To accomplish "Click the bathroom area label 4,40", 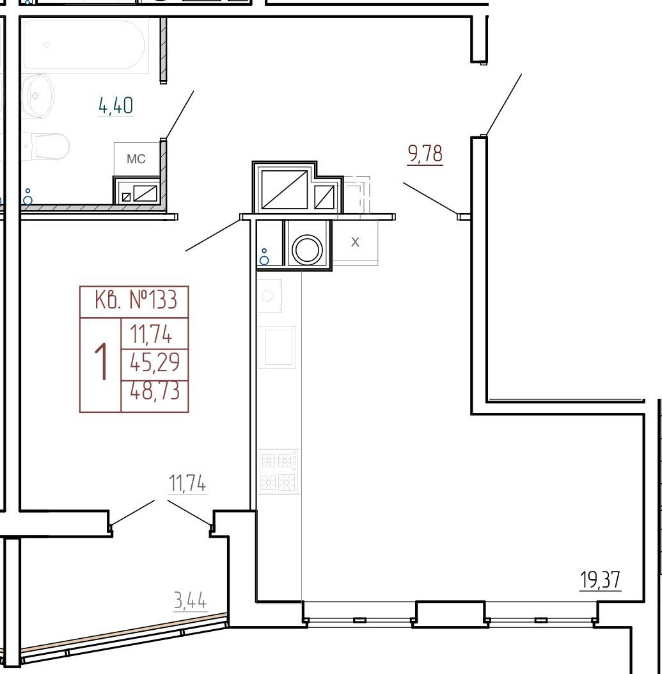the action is pyautogui.click(x=116, y=106).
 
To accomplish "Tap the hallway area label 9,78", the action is pyautogui.click(x=425, y=154).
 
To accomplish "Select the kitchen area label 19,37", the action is pyautogui.click(x=600, y=580).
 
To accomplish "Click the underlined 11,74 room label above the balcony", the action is pyautogui.click(x=187, y=483).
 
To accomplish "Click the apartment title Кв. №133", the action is pyautogui.click(x=136, y=300).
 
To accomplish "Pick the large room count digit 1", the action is pyautogui.click(x=101, y=362).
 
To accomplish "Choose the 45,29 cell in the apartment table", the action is pyautogui.click(x=155, y=362).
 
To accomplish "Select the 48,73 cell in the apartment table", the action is pyautogui.click(x=155, y=391).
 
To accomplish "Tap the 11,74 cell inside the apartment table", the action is pyautogui.click(x=151, y=334).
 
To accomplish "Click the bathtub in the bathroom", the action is pyautogui.click(x=86, y=45).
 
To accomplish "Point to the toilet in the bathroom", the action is pyautogui.click(x=47, y=147).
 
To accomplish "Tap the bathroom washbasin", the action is pyautogui.click(x=38, y=96).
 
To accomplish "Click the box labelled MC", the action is pyautogui.click(x=136, y=159).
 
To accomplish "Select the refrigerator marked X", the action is pyautogui.click(x=355, y=242).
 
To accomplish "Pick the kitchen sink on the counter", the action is pyautogui.click(x=269, y=296).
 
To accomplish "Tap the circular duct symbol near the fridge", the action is pyautogui.click(x=307, y=249).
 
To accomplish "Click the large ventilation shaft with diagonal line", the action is pyautogui.click(x=285, y=189).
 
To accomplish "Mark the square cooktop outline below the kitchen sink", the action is pyautogui.click(x=280, y=348).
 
